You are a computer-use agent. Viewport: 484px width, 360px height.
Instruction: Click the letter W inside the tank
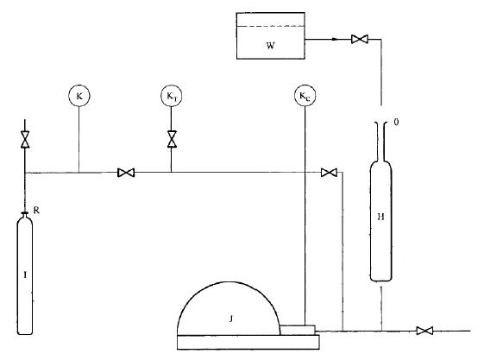pyautogui.click(x=270, y=46)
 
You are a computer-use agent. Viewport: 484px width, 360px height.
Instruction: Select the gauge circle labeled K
pyautogui.click(x=79, y=96)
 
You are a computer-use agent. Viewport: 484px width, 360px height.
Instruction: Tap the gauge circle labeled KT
pyautogui.click(x=172, y=96)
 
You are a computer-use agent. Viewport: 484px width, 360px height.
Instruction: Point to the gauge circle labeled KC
pyautogui.click(x=305, y=96)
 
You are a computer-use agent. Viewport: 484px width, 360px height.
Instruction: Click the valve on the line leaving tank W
pyautogui.click(x=360, y=39)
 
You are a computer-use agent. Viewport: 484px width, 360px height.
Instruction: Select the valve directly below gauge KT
pyautogui.click(x=172, y=139)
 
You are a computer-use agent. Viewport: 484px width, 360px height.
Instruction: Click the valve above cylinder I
pyautogui.click(x=25, y=139)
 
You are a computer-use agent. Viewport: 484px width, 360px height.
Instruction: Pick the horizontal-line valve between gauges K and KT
pyautogui.click(x=126, y=173)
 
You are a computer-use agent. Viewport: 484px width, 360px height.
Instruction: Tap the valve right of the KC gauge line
pyautogui.click(x=329, y=173)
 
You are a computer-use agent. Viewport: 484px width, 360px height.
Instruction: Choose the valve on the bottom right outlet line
pyautogui.click(x=424, y=331)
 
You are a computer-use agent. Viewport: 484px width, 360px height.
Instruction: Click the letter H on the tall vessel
pyautogui.click(x=381, y=217)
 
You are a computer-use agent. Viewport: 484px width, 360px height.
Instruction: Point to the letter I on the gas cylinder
pyautogui.click(x=25, y=275)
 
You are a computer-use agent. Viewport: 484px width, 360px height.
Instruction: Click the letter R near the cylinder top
pyautogui.click(x=36, y=211)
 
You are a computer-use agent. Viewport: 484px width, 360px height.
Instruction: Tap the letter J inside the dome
pyautogui.click(x=231, y=319)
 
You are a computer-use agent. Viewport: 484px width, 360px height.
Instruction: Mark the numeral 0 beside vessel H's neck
pyautogui.click(x=396, y=123)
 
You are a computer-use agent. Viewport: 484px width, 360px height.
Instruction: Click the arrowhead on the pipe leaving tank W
pyautogui.click(x=335, y=39)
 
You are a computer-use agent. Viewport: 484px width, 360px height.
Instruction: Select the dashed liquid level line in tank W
pyautogui.click(x=271, y=26)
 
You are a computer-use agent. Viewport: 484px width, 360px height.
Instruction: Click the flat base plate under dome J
pyautogui.click(x=248, y=342)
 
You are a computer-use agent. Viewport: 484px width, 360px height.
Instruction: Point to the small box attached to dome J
pyautogui.click(x=298, y=330)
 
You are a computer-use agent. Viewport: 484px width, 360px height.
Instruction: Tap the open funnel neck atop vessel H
pyautogui.click(x=381, y=141)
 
